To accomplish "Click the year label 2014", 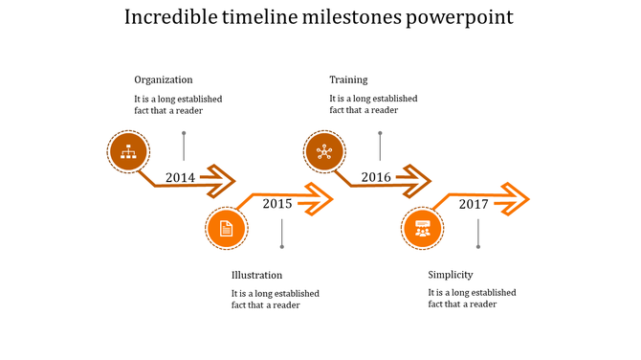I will pyautogui.click(x=180, y=177).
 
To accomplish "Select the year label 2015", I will pyautogui.click(x=276, y=203).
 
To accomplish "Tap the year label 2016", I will pyautogui.click(x=375, y=177).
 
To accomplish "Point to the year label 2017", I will pyautogui.click(x=474, y=204).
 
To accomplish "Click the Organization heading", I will pyautogui.click(x=163, y=79).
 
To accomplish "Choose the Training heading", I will pyautogui.click(x=348, y=79).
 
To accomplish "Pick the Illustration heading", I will pyautogui.click(x=256, y=275).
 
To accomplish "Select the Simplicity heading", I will pyautogui.click(x=450, y=275).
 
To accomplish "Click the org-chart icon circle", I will pyautogui.click(x=127, y=150).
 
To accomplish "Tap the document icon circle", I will pyautogui.click(x=227, y=229).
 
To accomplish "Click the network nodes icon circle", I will pyautogui.click(x=323, y=150).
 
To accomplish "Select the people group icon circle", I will pyautogui.click(x=422, y=229).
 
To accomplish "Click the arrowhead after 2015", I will pyautogui.click(x=318, y=199).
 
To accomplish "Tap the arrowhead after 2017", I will pyautogui.click(x=515, y=199).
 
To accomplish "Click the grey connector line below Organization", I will pyautogui.click(x=184, y=146).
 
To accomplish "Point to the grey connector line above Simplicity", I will pyautogui.click(x=478, y=233).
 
